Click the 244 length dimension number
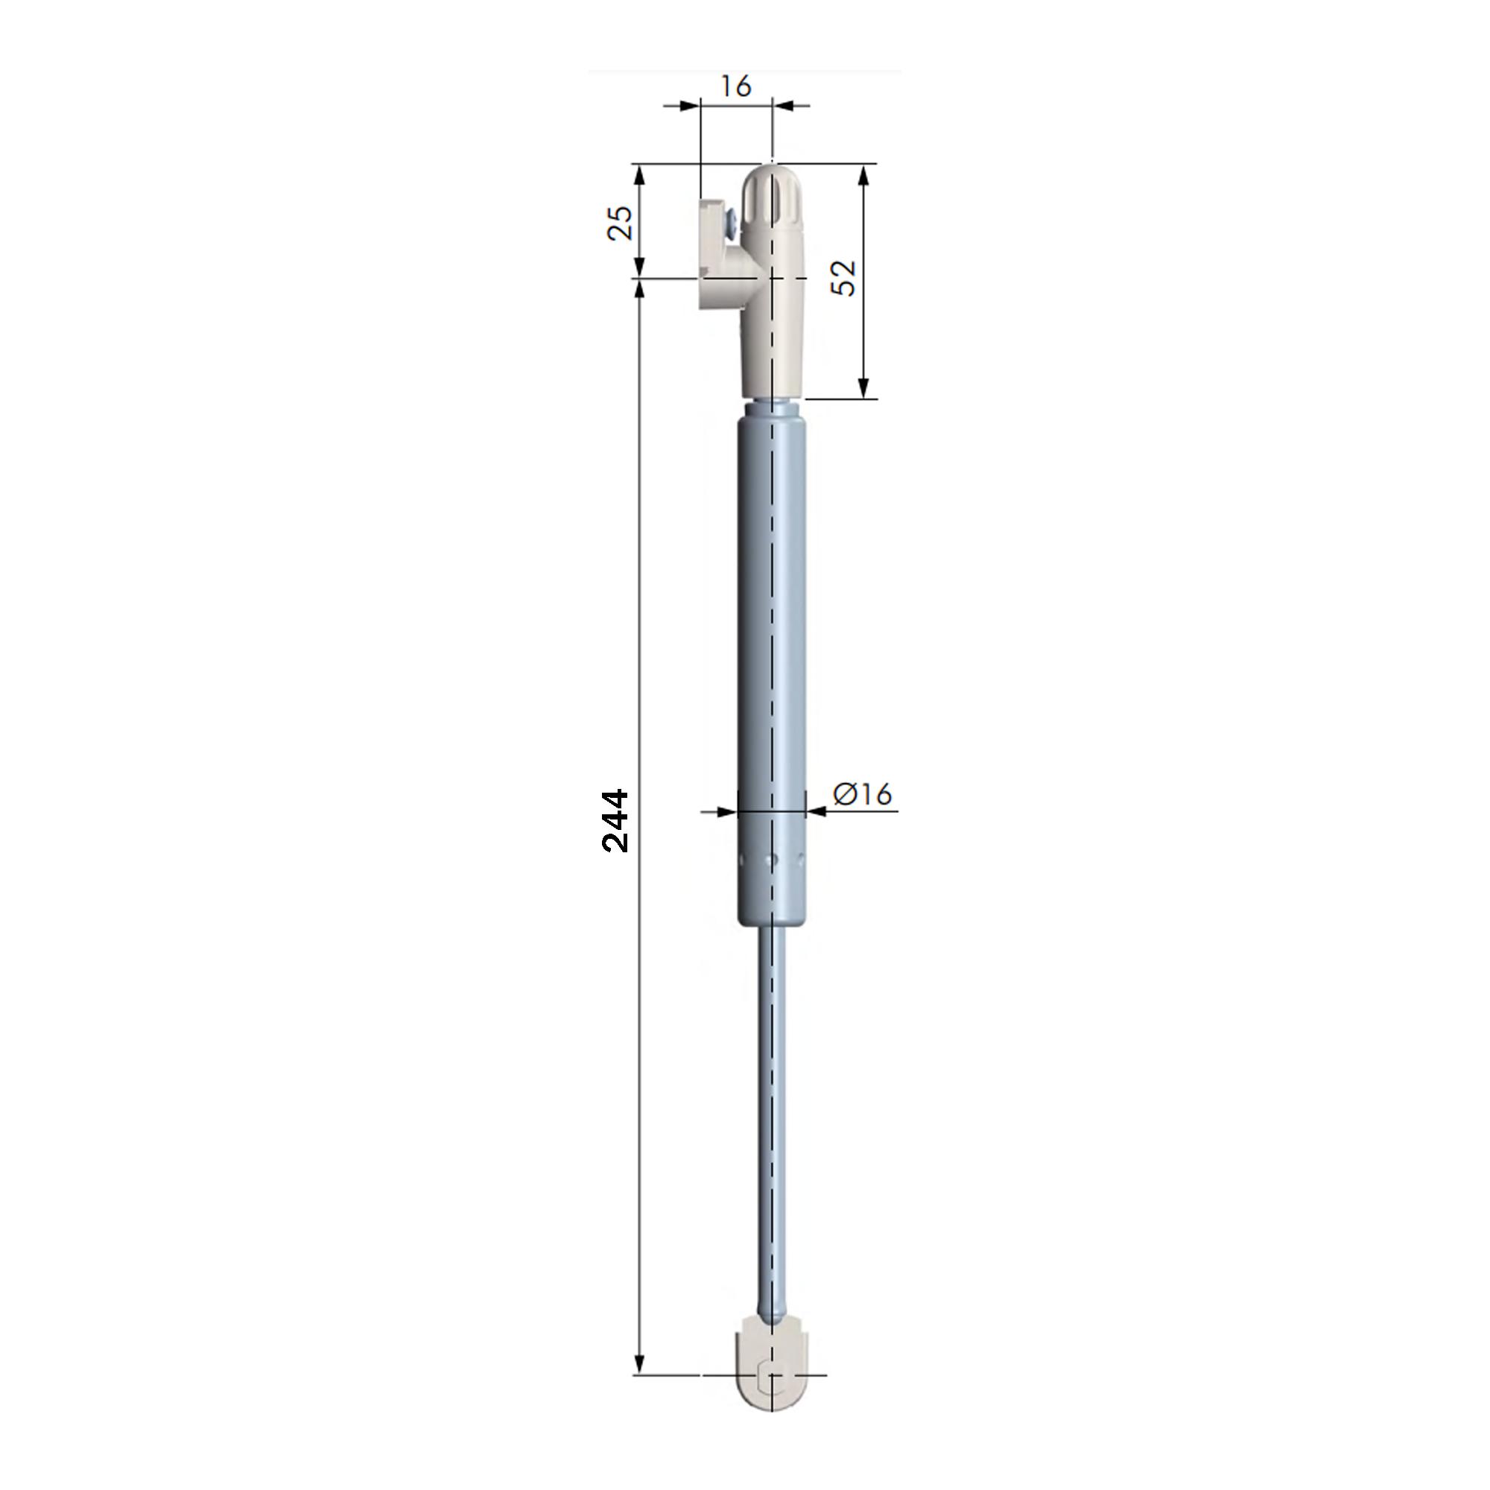(615, 820)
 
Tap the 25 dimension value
(621, 223)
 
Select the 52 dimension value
(846, 278)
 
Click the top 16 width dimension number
(736, 86)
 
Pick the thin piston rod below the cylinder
(771, 1118)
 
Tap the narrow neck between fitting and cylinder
(771, 408)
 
